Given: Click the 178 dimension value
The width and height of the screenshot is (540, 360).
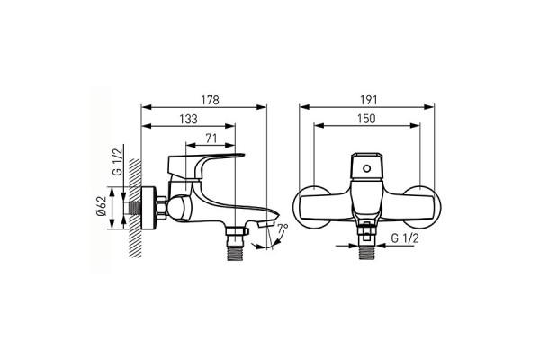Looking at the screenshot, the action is pyautogui.click(x=210, y=100).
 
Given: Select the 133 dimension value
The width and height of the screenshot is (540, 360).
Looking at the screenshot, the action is pyautogui.click(x=189, y=119).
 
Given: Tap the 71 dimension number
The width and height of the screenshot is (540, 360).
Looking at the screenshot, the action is pyautogui.click(x=211, y=139).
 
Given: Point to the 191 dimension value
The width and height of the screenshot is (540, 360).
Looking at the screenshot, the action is pyautogui.click(x=369, y=100).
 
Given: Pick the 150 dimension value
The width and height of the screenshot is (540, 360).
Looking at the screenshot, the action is pyautogui.click(x=366, y=119).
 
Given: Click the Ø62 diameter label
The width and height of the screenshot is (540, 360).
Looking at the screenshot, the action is pyautogui.click(x=101, y=207).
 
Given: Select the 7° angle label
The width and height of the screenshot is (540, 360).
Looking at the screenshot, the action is pyautogui.click(x=283, y=228).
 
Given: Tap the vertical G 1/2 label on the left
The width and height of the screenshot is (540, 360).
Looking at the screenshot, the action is pyautogui.click(x=118, y=162).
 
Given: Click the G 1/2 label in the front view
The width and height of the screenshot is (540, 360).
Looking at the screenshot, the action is pyautogui.click(x=405, y=238).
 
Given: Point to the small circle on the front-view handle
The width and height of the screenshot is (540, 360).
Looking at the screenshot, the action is pyautogui.click(x=367, y=168).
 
